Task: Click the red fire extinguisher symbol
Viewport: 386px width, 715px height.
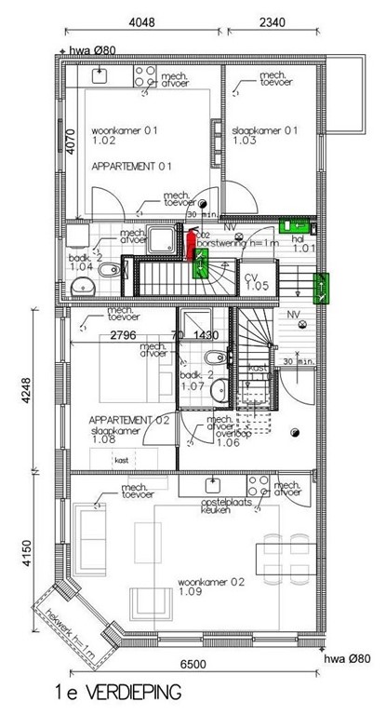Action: click(191, 245)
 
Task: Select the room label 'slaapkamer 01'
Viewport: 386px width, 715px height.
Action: click(264, 136)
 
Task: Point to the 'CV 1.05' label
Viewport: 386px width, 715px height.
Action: click(256, 282)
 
